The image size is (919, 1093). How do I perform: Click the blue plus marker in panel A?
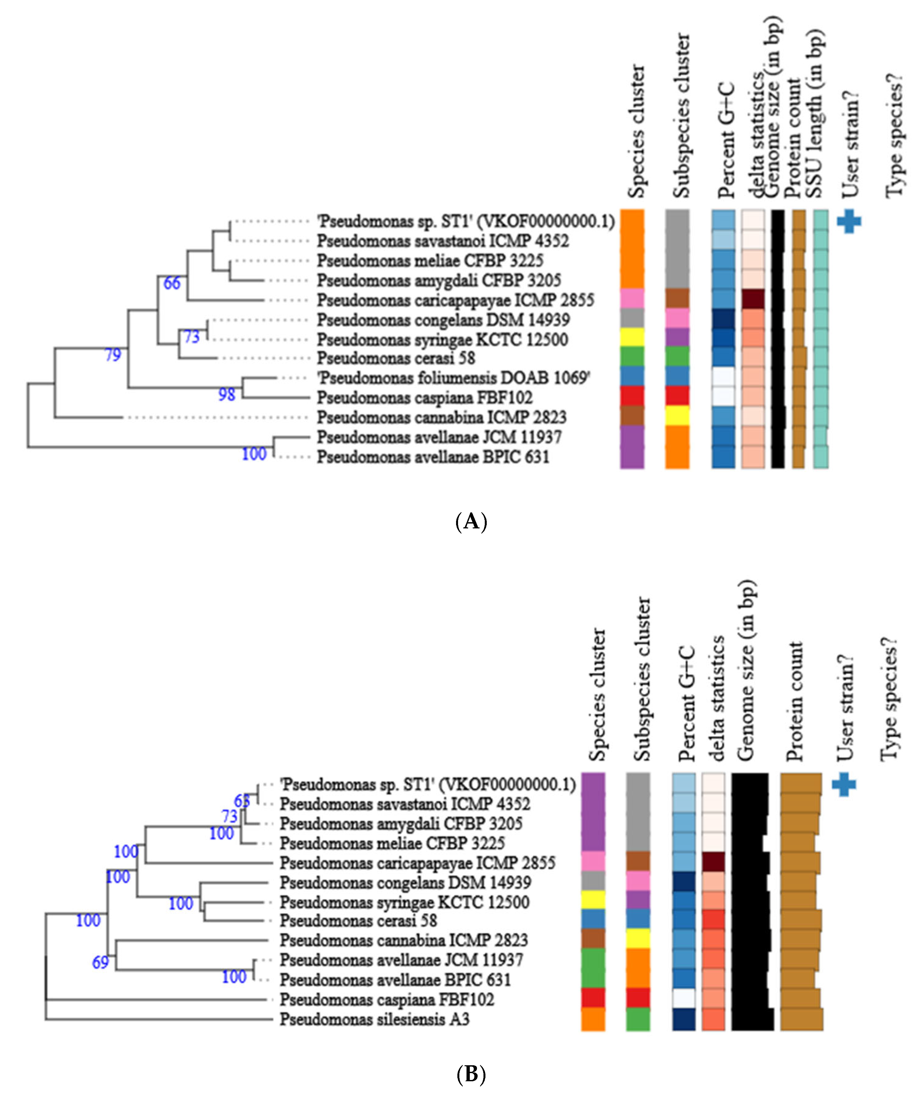849,221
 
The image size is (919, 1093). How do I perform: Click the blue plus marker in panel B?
844,784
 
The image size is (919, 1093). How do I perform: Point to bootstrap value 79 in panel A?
113,355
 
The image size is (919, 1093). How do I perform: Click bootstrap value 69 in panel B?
100,962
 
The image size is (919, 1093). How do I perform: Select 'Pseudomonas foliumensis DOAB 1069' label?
453,378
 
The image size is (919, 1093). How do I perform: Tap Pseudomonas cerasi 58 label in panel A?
396,358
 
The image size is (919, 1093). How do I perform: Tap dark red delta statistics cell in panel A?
753,299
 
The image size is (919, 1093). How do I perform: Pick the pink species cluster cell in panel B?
593,862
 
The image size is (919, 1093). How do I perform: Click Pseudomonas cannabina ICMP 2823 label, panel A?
442,417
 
